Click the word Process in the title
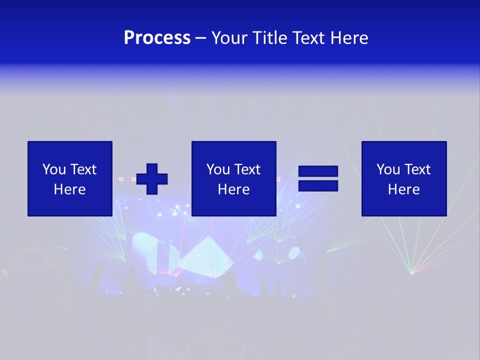coord(157,38)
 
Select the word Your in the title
coord(229,38)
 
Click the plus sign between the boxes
coord(152,179)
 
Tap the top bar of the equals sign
coord(318,171)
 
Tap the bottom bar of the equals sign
coord(318,185)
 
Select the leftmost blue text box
coord(70,178)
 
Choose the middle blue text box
coord(233,178)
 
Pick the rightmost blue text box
coord(403,178)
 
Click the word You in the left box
coord(53,169)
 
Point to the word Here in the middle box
coord(233,189)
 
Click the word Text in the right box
coord(417,169)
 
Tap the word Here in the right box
coord(403,189)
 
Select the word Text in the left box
coord(83,169)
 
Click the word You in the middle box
coord(217,169)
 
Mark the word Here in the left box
coord(70,189)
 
